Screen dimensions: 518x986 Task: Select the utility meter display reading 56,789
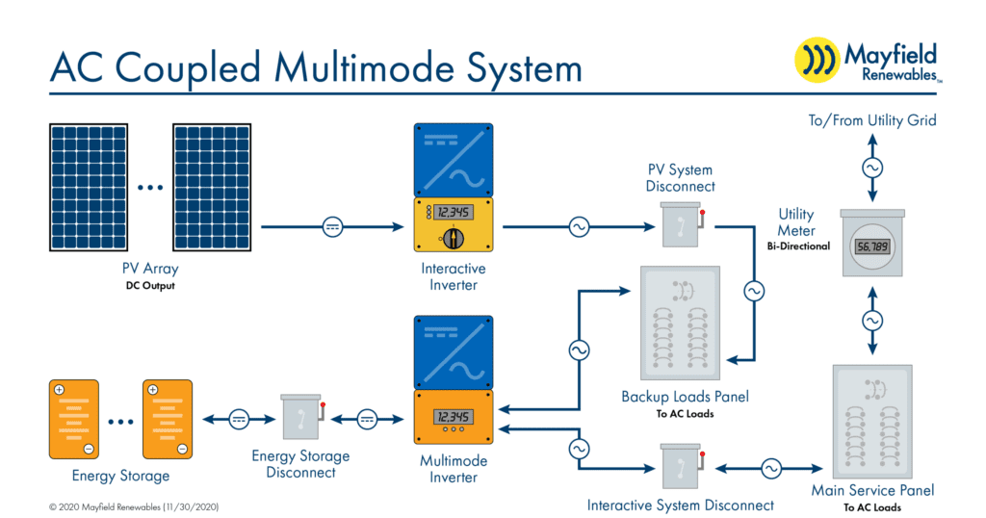pos(871,246)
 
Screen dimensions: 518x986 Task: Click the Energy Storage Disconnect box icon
pos(301,418)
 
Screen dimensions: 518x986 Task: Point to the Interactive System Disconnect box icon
pos(681,469)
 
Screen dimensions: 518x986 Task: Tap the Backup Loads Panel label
pos(685,397)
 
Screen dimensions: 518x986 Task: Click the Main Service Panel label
pos(872,490)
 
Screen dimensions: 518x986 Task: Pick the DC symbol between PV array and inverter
pos(331,227)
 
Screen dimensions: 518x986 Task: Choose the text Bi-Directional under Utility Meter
pos(798,246)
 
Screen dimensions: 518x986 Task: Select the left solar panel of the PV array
pos(89,184)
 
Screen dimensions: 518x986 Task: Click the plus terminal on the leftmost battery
pos(59,390)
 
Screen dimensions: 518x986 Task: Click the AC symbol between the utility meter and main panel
pos(872,320)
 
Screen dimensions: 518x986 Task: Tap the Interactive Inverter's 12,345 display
pos(453,213)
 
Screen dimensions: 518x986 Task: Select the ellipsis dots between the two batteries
pos(121,421)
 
